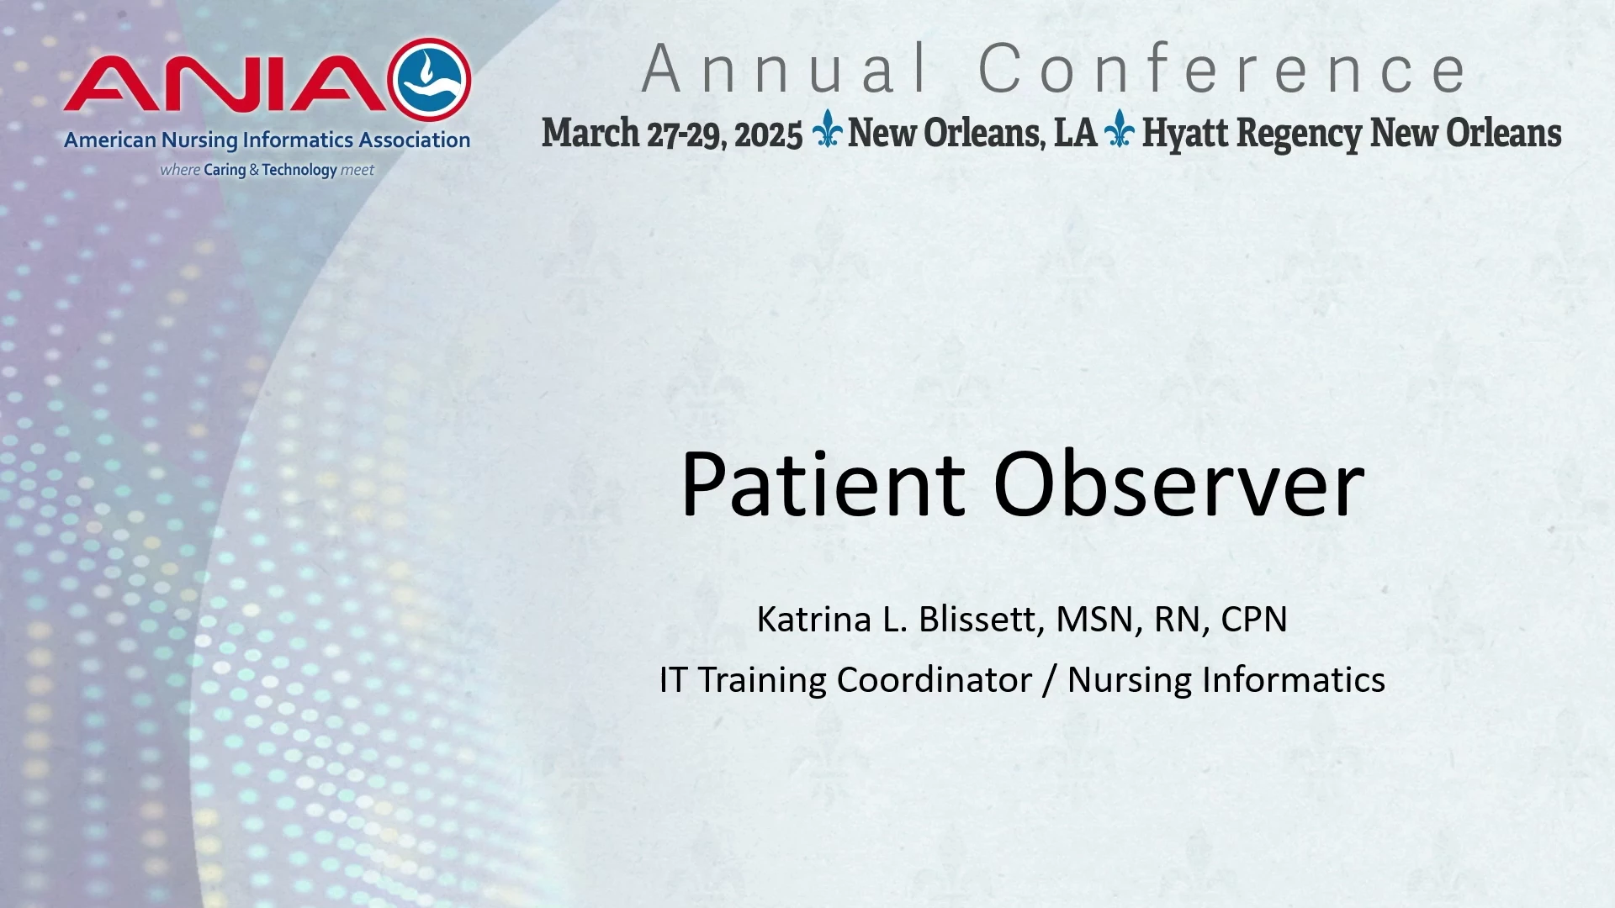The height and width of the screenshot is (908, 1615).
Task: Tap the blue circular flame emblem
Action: click(x=430, y=80)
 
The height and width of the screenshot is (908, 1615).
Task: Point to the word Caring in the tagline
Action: click(x=225, y=170)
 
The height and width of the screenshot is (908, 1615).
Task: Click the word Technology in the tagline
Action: click(x=299, y=170)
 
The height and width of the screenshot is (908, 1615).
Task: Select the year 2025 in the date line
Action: click(x=769, y=135)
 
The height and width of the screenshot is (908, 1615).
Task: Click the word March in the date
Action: click(x=590, y=133)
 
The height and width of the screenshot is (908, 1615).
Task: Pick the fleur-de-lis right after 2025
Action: click(x=827, y=129)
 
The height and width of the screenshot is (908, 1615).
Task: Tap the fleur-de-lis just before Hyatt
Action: click(x=1119, y=129)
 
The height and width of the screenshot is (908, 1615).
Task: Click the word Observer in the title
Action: click(x=1178, y=484)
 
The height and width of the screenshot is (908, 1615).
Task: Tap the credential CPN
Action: click(x=1254, y=620)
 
